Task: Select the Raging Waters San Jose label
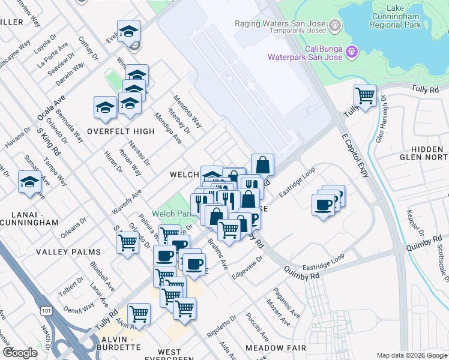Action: pos(282,26)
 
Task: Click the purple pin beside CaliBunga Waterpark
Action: pos(352,52)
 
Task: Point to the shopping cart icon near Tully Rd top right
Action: pos(365,95)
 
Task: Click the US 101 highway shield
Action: pos(46,310)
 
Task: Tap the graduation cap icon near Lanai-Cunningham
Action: pos(29,182)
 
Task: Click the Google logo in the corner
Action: pos(20,353)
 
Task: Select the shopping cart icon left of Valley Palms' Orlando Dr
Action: pos(127,242)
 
